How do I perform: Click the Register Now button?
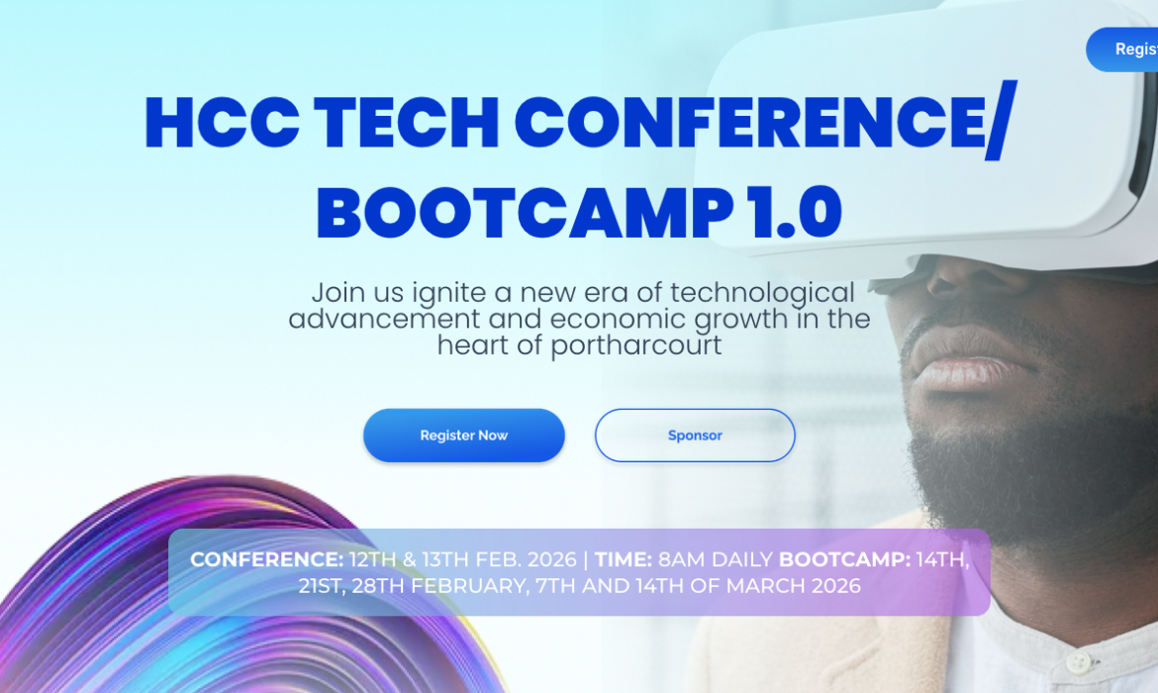coord(463,436)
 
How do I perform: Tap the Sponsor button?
coord(695,436)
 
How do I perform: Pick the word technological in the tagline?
coord(762,293)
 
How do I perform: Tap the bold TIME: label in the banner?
coord(624,559)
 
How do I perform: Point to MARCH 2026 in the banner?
coord(794,585)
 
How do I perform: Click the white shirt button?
coord(1078,660)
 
